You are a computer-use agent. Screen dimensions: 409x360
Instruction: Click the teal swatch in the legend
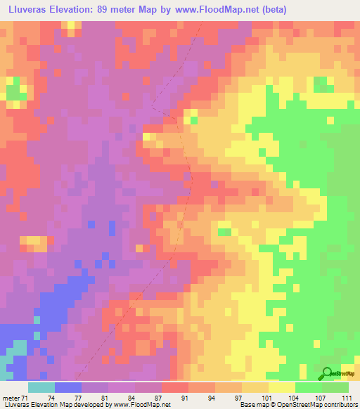pos(41,387)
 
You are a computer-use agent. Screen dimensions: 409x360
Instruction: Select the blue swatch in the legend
pos(68,387)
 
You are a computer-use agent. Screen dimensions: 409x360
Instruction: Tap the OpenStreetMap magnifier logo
pos(327,375)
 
